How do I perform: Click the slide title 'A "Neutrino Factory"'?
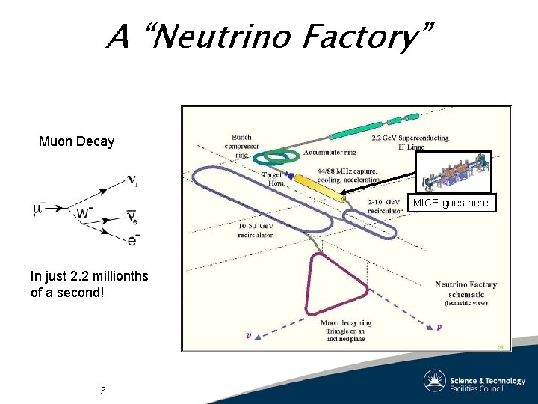[x=269, y=35]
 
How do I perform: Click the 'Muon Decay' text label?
[x=76, y=141]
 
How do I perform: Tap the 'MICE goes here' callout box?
[x=451, y=203]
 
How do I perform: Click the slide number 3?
[x=103, y=391]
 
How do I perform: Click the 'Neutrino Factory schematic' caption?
[x=467, y=293]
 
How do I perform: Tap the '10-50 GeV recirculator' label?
[x=256, y=230]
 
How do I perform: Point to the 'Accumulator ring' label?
[x=330, y=152]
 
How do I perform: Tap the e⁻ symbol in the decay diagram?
[x=133, y=239]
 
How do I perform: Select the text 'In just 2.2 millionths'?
[x=89, y=276]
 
